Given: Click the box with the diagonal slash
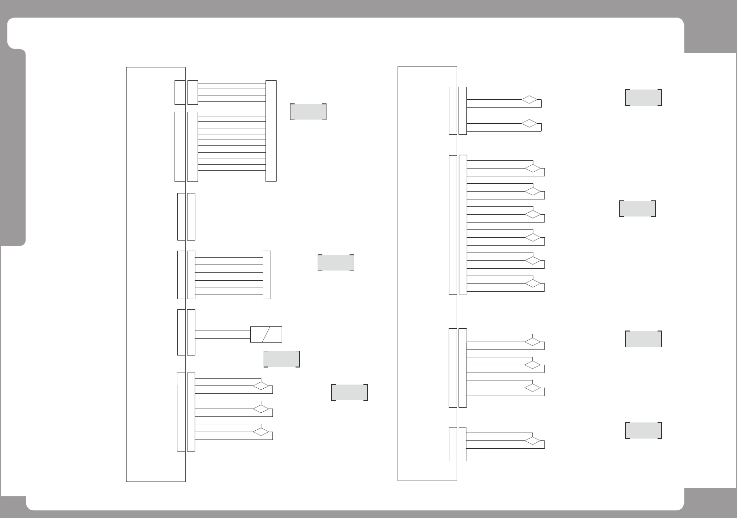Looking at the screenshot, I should click(x=266, y=334).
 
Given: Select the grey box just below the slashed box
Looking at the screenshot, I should click(x=282, y=359).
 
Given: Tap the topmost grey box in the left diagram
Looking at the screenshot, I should click(x=308, y=112).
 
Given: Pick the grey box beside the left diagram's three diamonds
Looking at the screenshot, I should click(x=350, y=392).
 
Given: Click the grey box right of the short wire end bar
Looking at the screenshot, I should click(x=336, y=263).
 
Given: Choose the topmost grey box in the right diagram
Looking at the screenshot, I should click(x=643, y=98).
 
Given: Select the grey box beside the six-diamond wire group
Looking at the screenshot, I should click(x=637, y=209).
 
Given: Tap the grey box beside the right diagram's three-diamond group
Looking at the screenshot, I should click(x=643, y=339).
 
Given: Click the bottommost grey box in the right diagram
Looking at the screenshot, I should click(x=643, y=430).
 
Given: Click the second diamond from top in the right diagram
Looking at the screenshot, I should click(x=531, y=124).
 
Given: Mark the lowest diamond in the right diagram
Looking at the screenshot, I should click(x=533, y=441).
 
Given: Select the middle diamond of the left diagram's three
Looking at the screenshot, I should click(x=261, y=409).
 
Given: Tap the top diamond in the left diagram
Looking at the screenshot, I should click(x=261, y=385).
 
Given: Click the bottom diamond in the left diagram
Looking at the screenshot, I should click(x=261, y=432).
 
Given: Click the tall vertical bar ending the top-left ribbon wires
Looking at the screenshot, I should click(x=271, y=131).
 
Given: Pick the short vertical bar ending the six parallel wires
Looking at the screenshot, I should click(x=266, y=275).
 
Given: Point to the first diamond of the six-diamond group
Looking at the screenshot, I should click(x=533, y=169).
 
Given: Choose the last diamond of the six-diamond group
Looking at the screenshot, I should click(x=533, y=283).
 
